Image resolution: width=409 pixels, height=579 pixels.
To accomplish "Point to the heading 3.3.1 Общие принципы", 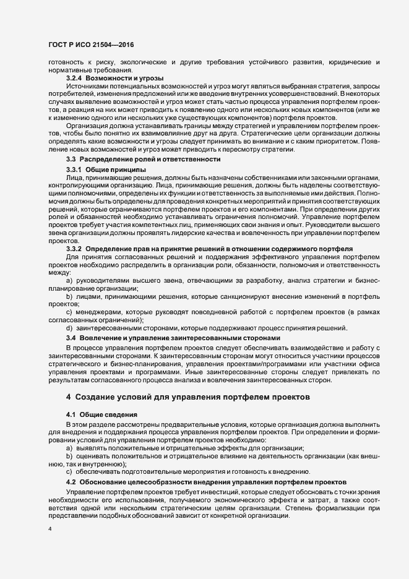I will [106, 169].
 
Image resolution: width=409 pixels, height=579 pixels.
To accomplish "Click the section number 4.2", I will [71, 481].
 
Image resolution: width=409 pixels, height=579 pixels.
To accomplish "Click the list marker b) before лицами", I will [69, 296].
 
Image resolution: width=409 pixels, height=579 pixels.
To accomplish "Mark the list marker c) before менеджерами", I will [69, 312].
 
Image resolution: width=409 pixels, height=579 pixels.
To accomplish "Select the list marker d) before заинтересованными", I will [69, 328].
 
